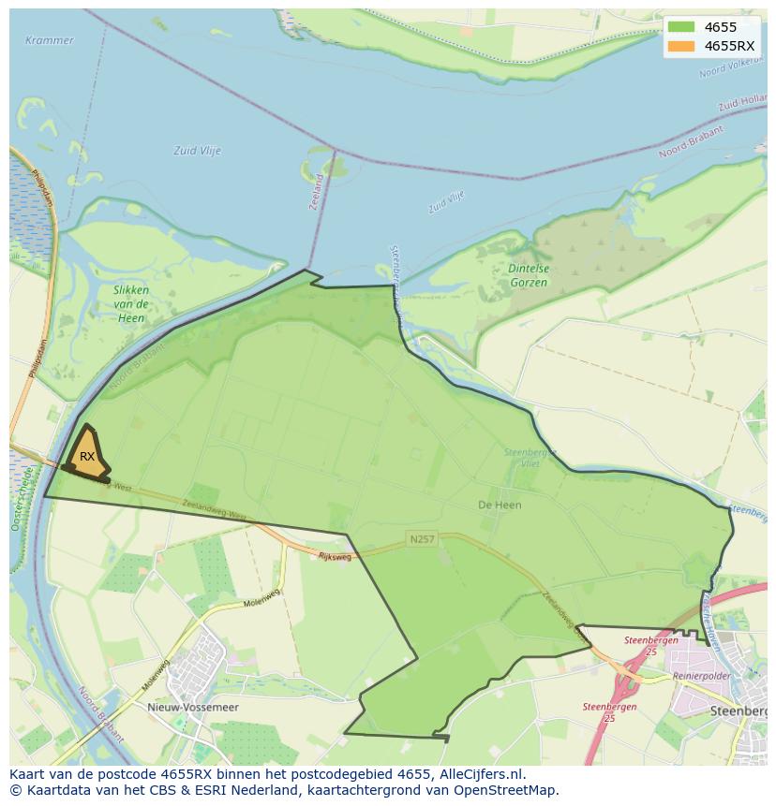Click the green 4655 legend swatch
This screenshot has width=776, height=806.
[682, 27]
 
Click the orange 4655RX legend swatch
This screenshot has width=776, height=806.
[682, 46]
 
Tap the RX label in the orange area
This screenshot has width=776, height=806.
[87, 456]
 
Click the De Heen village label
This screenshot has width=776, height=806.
[500, 505]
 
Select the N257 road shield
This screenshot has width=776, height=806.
[422, 539]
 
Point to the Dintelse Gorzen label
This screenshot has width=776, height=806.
[529, 275]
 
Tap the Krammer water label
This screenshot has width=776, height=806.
[50, 40]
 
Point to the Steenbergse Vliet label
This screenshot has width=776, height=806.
[530, 458]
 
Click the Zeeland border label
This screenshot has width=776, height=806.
[317, 191]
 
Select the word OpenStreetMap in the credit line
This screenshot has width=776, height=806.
[505, 790]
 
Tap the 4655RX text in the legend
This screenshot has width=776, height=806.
[729, 46]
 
